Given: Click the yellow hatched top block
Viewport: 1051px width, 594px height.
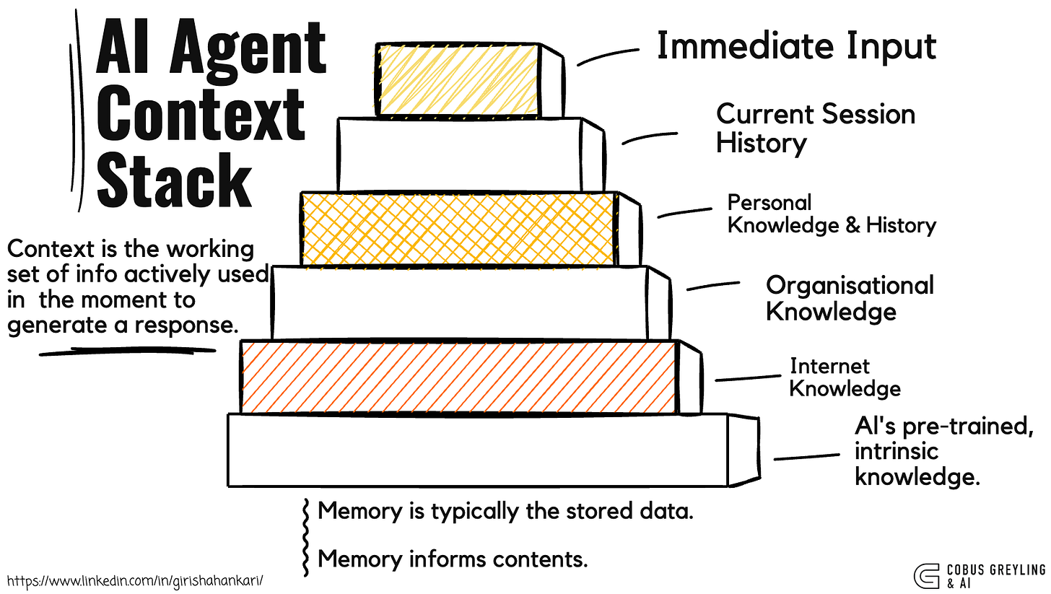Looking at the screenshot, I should [458, 79].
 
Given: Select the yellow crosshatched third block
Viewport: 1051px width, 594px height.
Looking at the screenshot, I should [459, 229].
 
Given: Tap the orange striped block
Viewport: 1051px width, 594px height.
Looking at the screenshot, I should [459, 377].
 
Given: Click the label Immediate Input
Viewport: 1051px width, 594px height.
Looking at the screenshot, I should [795, 45].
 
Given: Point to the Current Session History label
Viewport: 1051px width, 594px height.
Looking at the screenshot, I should [815, 128].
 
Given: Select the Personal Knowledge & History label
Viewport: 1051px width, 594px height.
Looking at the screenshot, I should [831, 214].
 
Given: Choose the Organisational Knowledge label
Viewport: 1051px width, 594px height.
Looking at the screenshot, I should [850, 297].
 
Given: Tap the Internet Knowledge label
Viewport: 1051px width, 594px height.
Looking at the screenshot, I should [845, 377].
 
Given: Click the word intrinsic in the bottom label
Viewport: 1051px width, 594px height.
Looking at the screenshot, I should [897, 451].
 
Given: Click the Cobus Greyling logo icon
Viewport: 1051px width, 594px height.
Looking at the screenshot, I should [925, 575].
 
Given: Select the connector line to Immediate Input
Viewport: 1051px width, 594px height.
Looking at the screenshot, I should [608, 56].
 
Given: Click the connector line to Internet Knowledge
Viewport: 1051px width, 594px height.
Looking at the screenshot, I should [748, 377].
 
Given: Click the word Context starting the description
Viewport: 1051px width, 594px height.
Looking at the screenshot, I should [50, 249].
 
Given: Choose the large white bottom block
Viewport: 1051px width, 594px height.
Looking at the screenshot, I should [476, 449].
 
